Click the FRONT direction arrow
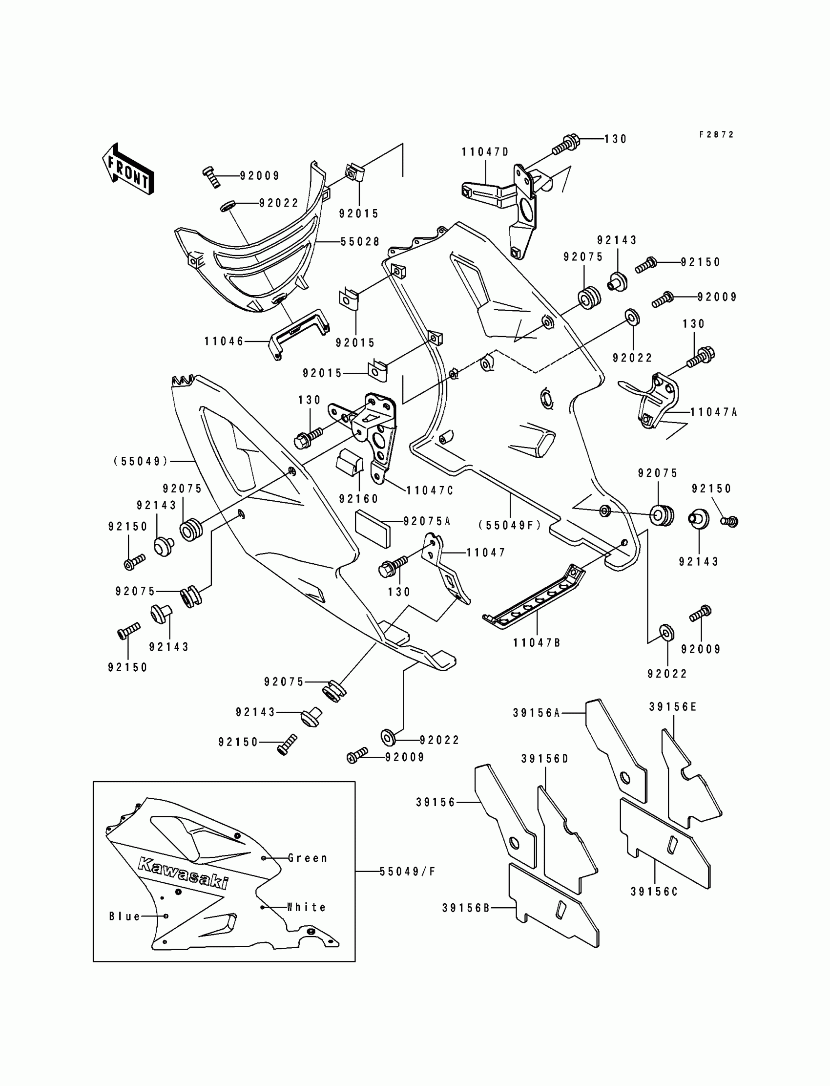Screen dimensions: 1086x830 (x=128, y=169)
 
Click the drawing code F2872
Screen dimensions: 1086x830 (x=716, y=134)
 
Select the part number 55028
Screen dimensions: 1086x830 (x=360, y=242)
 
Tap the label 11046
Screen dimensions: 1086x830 (x=224, y=341)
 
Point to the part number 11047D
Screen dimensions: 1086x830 (x=485, y=152)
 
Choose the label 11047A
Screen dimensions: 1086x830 (x=713, y=412)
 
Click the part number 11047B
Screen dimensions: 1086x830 (x=537, y=642)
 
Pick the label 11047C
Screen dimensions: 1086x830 (x=430, y=490)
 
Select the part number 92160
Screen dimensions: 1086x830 (x=359, y=499)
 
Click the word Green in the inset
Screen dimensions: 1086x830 (x=308, y=858)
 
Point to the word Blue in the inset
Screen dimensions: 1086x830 (x=125, y=916)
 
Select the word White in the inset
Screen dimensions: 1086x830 (x=306, y=907)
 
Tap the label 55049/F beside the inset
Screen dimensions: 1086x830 (x=408, y=872)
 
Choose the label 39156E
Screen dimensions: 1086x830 (x=673, y=707)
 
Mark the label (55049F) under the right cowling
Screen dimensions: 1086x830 (x=510, y=526)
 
